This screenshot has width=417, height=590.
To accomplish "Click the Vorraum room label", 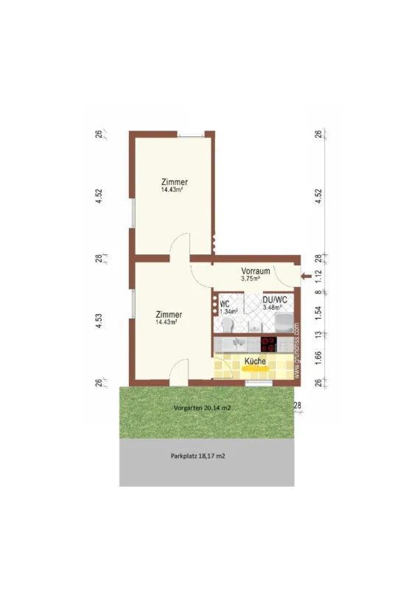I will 256,271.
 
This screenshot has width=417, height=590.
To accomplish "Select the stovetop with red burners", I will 270,344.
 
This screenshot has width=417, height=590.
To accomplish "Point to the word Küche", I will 255,361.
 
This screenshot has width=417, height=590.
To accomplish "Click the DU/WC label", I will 274,300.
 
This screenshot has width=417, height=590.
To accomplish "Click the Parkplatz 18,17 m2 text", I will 197,457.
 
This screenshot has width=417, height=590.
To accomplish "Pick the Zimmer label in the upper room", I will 175,181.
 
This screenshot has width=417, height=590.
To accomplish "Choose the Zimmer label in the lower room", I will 169,314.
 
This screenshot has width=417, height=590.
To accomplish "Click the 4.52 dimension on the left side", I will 99,196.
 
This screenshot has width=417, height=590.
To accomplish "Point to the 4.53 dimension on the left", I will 99,322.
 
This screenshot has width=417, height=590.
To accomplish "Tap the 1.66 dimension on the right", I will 318,359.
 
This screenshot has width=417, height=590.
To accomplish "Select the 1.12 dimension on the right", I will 318,275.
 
